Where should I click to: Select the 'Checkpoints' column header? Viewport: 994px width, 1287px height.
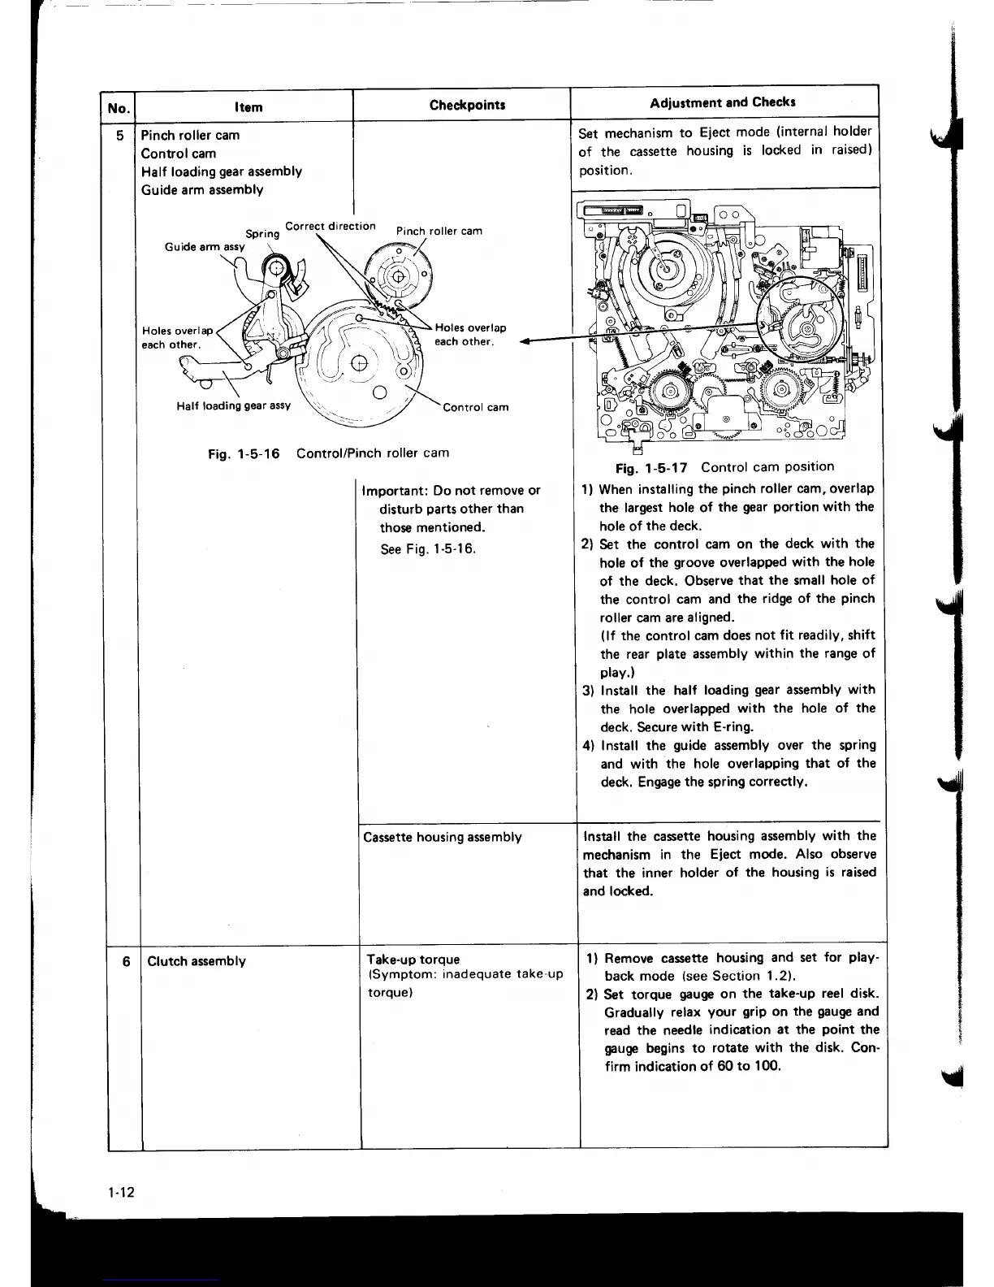click(467, 105)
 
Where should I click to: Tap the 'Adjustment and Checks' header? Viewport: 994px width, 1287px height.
click(723, 102)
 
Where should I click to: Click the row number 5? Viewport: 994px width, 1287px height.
click(120, 135)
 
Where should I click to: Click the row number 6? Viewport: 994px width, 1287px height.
click(126, 961)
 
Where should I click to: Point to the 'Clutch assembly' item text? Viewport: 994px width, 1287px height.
click(197, 961)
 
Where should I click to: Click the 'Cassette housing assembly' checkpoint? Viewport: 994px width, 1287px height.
click(443, 837)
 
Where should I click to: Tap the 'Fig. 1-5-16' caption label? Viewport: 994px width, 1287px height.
click(244, 453)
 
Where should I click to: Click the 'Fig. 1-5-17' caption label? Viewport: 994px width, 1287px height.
click(651, 467)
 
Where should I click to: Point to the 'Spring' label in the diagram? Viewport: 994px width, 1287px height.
click(262, 234)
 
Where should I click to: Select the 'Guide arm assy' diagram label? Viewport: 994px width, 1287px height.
click(204, 247)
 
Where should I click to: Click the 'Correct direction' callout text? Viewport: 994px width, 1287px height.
click(331, 226)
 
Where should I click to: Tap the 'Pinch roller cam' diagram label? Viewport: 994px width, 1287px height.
click(439, 231)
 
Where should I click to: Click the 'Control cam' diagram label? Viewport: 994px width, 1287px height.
click(475, 407)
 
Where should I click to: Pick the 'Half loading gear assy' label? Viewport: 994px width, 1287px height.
click(233, 405)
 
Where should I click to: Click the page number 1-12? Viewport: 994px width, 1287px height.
click(119, 1193)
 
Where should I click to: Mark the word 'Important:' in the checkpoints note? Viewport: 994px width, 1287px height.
click(395, 491)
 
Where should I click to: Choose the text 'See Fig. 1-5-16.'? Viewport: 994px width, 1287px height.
click(427, 549)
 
